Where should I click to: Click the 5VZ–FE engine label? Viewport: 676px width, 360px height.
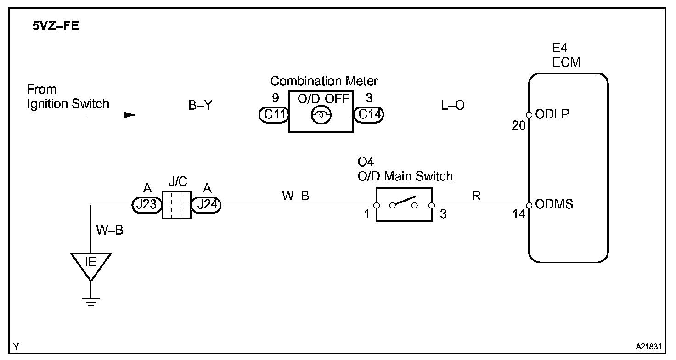(x=56, y=26)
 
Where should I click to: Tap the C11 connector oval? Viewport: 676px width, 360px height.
(x=274, y=115)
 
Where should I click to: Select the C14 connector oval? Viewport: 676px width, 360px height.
(x=368, y=115)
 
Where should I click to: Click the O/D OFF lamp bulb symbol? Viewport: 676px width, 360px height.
(x=321, y=115)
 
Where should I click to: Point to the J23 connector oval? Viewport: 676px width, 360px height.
(x=147, y=205)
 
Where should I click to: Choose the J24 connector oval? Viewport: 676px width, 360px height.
(x=206, y=205)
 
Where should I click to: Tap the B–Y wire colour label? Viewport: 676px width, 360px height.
(x=200, y=105)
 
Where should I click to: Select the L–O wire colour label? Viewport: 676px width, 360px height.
(x=453, y=105)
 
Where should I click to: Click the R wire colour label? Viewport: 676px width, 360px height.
(x=476, y=196)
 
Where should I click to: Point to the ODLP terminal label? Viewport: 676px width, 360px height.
(x=552, y=114)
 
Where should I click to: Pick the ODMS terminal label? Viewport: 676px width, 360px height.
(x=554, y=204)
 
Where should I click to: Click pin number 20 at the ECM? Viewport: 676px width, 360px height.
(x=519, y=126)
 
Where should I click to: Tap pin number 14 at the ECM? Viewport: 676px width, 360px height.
(x=519, y=214)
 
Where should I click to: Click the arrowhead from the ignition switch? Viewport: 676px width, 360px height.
(x=130, y=115)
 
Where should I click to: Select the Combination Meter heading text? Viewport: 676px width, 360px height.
(x=324, y=81)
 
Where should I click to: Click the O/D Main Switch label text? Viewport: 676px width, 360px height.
(x=406, y=176)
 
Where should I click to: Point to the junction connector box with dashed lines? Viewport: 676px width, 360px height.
(x=176, y=205)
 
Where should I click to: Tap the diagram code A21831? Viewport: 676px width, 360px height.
(x=648, y=347)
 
